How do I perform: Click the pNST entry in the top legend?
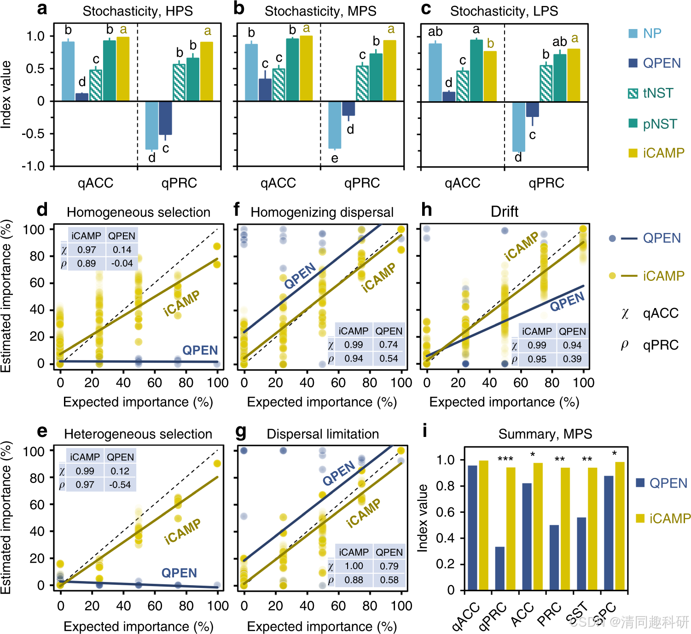tap(659, 124)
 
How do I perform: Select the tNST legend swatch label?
tap(658, 93)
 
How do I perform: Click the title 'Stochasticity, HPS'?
tap(138, 11)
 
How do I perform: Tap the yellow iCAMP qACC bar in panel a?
tap(123, 69)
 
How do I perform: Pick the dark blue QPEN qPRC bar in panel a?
tap(165, 118)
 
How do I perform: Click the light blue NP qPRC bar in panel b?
tap(335, 125)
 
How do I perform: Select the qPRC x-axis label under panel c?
tap(546, 183)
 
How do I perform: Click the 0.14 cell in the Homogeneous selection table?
tap(122, 250)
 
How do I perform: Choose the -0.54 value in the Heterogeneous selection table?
tap(120, 485)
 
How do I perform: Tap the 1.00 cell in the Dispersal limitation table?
tap(354, 566)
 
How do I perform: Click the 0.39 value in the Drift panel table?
tap(572, 359)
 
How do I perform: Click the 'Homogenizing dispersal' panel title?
tap(322, 212)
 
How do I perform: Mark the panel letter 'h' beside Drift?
tap(427, 210)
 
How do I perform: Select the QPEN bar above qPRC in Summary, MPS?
tap(499, 568)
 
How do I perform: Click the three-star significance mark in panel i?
tap(505, 459)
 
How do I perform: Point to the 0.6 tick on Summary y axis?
tap(445, 512)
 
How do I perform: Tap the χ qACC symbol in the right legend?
tap(625, 314)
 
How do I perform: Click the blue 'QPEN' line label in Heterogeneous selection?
tap(179, 573)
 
